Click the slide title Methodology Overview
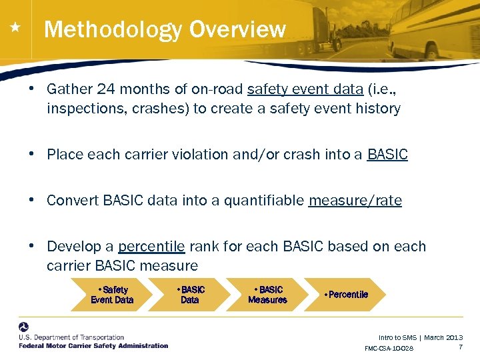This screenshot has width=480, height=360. click(x=165, y=30)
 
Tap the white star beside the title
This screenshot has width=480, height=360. click(x=15, y=28)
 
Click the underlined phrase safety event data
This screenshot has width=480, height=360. click(x=305, y=90)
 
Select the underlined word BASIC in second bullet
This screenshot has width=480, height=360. click(x=387, y=155)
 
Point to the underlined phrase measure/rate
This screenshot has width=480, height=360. click(x=355, y=201)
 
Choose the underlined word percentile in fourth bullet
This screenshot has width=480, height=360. click(x=151, y=247)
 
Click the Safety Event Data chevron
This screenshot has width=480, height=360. click(x=112, y=295)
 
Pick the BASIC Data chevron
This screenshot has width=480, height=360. click(x=191, y=295)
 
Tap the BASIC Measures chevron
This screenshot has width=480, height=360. click(x=268, y=295)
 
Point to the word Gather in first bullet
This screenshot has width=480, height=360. click(x=69, y=90)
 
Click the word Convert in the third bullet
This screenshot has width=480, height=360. click(x=73, y=201)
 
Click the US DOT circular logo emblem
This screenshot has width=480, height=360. click(x=25, y=328)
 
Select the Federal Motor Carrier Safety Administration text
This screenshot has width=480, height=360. click(x=93, y=345)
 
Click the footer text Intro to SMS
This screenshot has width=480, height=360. click(x=397, y=338)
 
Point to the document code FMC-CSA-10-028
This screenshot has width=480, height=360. click(x=389, y=349)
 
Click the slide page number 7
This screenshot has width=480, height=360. click(x=460, y=347)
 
